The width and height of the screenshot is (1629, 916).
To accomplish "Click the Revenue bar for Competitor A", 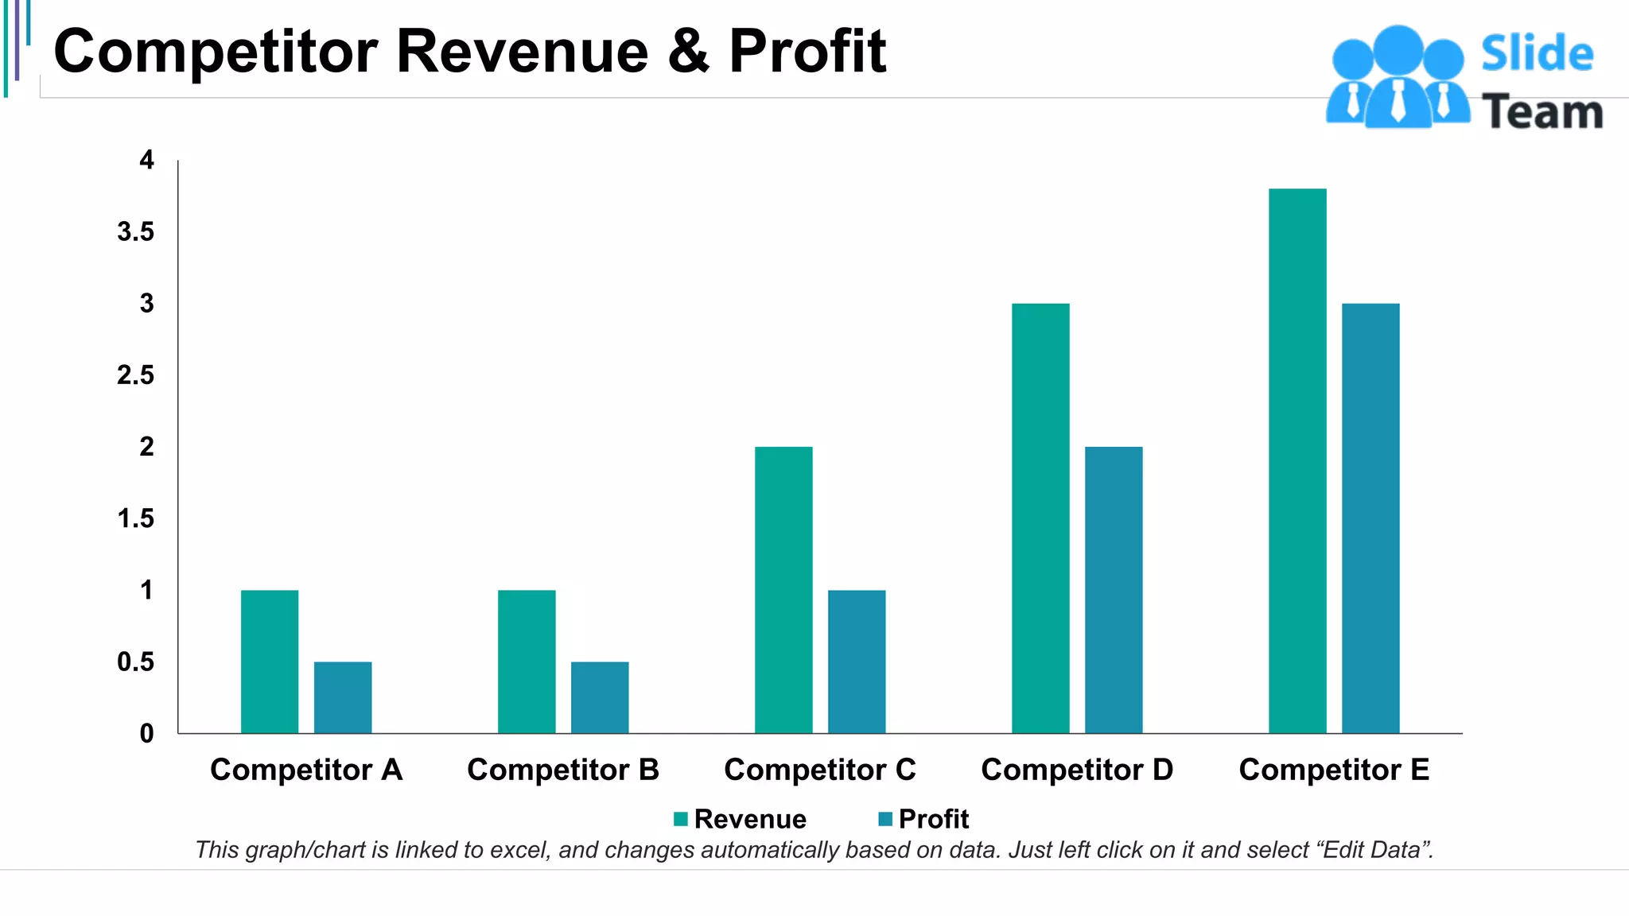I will (x=270, y=661).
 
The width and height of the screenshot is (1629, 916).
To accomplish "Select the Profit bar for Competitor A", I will (x=343, y=697).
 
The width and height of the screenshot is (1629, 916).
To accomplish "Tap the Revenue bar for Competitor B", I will (x=527, y=661).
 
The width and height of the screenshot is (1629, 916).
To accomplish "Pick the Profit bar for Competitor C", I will (x=857, y=661).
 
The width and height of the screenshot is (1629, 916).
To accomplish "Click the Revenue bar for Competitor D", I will (x=1040, y=518).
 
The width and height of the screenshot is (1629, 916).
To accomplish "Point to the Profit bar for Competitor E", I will (x=1370, y=518).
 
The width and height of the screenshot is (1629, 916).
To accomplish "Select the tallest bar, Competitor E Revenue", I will (x=1297, y=460).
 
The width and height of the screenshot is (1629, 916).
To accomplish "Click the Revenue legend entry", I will (x=740, y=819).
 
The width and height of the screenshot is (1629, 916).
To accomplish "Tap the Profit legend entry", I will (x=923, y=819).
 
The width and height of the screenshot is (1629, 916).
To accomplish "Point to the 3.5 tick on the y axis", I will (x=136, y=232).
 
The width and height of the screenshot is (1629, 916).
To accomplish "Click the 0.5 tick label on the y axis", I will (x=136, y=662).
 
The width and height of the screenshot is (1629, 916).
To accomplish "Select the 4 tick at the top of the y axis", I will (x=146, y=161).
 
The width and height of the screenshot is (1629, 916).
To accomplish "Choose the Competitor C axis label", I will (x=820, y=770).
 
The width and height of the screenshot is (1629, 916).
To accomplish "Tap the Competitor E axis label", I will (x=1334, y=770).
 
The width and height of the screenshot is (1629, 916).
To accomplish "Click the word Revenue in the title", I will (x=522, y=52).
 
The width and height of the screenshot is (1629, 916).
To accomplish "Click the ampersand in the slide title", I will (x=688, y=52).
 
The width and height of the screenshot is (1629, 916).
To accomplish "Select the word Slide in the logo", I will (x=1537, y=54).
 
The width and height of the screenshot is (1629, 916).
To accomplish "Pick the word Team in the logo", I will (x=1542, y=112).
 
